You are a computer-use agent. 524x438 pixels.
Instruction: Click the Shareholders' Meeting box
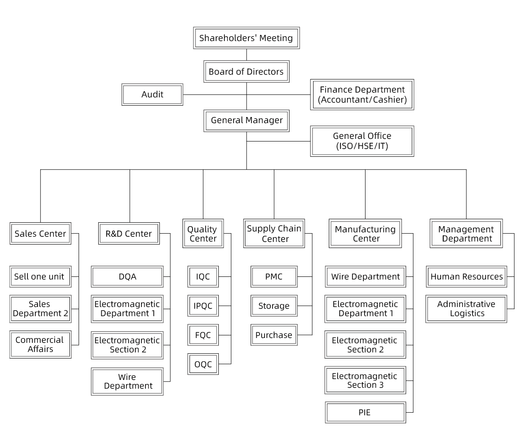[x=246, y=38]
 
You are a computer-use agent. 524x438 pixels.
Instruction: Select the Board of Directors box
[x=246, y=72]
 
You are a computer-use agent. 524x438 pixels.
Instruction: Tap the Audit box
[x=152, y=94]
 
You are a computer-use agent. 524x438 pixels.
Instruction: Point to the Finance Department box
[x=362, y=94]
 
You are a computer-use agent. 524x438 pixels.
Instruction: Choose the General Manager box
[x=246, y=120]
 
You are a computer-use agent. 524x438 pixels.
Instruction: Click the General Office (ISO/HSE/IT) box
[x=362, y=141]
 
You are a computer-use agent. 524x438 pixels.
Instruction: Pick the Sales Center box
[x=40, y=234]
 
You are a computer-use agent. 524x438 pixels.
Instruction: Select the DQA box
[x=127, y=276]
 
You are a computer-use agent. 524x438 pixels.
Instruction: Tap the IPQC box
[x=203, y=306]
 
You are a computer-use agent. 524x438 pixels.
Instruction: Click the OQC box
[x=203, y=364]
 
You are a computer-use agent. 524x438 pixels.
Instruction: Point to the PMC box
[x=274, y=276]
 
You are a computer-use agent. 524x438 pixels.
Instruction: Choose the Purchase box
[x=274, y=335]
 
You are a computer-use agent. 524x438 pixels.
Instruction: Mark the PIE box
[x=365, y=412]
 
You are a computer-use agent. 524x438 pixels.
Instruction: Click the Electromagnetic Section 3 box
[x=365, y=380]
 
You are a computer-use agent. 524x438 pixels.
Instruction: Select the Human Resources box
[x=466, y=276]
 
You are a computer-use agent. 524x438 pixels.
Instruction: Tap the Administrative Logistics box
[x=466, y=309]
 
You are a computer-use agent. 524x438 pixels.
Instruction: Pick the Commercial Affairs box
[x=40, y=344]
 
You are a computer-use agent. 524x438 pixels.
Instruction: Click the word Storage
[x=274, y=306]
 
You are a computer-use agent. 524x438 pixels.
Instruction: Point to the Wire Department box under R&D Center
[x=127, y=381]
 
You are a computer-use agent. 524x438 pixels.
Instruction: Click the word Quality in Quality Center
[x=202, y=229]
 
